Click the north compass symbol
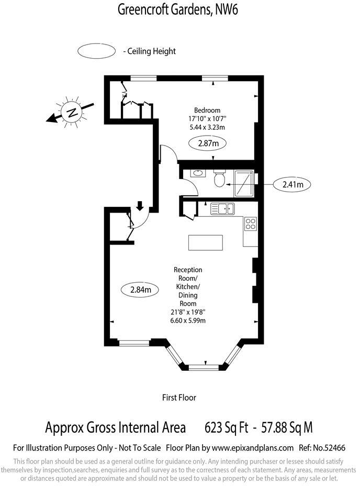[x=71, y=112]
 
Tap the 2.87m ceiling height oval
[x=207, y=143]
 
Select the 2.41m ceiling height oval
[x=292, y=184]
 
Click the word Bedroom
[x=207, y=110]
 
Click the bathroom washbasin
[x=198, y=173]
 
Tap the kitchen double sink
[x=223, y=209]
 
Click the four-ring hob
[x=251, y=224]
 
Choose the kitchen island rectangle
[x=205, y=243]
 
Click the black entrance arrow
[x=140, y=205]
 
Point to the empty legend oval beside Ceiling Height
[x=96, y=51]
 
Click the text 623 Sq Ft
[x=226, y=427]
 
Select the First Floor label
[x=179, y=397]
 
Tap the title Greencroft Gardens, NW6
[x=178, y=9]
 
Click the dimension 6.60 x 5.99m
[x=188, y=321]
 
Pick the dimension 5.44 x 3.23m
[x=207, y=127]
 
